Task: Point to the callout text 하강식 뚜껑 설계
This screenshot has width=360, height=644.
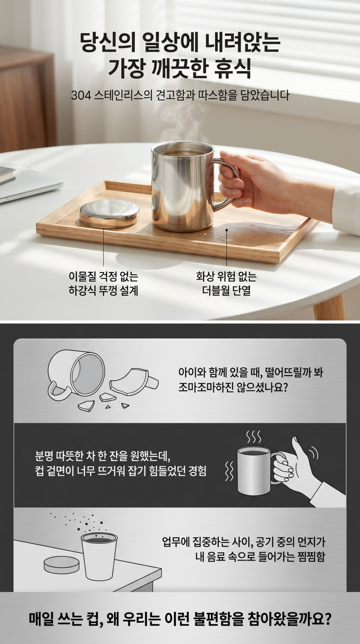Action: coord(103,291)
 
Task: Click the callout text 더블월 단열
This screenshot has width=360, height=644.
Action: coord(226,291)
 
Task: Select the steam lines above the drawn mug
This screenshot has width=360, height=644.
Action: coord(253,437)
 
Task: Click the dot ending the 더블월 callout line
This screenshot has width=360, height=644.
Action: coord(227,230)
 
